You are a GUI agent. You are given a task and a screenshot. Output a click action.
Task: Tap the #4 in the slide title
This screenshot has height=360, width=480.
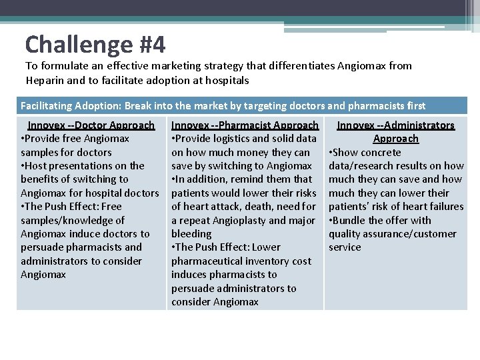click(153, 45)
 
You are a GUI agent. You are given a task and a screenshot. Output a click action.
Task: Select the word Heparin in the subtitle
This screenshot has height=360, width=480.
click(46, 80)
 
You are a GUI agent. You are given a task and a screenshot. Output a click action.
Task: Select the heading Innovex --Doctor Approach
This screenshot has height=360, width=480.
click(91, 125)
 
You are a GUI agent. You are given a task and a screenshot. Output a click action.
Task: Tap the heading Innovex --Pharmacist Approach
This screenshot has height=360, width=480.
click(245, 125)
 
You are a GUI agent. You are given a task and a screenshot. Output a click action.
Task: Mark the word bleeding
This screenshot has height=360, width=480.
click(191, 234)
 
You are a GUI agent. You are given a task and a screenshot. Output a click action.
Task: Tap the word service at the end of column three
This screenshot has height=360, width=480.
click(345, 247)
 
